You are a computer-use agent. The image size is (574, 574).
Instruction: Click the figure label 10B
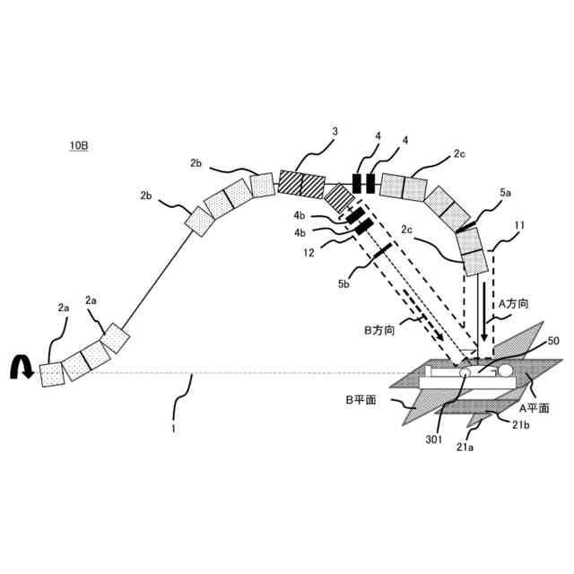78,146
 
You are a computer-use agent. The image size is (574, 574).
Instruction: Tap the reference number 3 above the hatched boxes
335,132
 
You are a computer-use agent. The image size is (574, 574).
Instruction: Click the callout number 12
309,255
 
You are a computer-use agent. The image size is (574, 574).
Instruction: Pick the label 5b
344,284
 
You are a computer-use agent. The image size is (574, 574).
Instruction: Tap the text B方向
379,329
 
